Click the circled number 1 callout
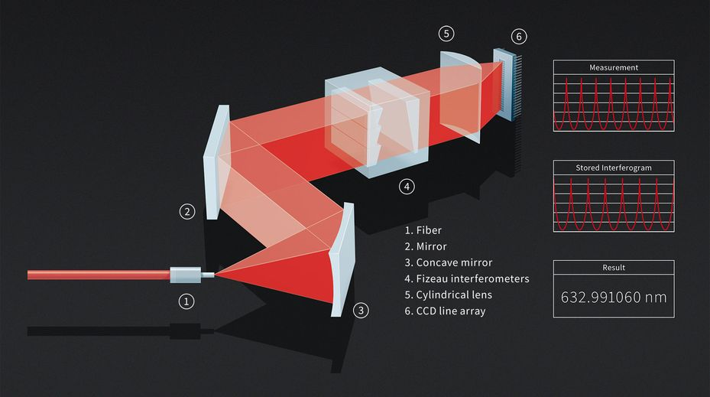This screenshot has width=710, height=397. pos(186,301)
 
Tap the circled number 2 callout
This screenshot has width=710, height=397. pos(187,211)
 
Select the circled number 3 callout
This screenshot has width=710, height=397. pos(361,311)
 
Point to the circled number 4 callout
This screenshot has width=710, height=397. pos(407,187)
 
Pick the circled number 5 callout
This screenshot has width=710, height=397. pos(446,34)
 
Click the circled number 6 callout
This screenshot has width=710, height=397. pos(519,36)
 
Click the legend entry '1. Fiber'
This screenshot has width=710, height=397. pos(423,230)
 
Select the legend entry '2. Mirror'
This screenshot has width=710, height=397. pos(426,246)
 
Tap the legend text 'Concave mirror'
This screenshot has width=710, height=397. pos(454,263)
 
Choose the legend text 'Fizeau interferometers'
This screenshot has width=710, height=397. pos(473,278)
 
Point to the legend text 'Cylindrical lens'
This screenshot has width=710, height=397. pos(454,295)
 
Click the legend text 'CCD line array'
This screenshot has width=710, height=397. pos(451,311)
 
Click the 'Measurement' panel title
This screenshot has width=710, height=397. pos(614,67)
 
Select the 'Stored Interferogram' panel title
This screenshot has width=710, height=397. pos(614,168)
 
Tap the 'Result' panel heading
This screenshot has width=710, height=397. pos(614,268)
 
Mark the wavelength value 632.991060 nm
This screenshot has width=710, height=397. pos(614,298)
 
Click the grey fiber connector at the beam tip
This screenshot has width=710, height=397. pos(185,275)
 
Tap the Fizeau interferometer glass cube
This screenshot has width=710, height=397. pos(377,122)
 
